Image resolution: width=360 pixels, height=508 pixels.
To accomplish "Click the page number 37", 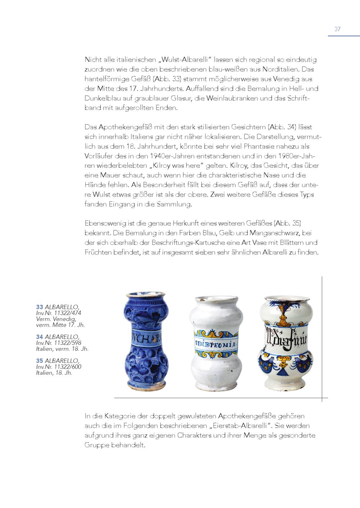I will click(337, 29).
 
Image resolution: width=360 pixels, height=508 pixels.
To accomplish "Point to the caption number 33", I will click(39, 307).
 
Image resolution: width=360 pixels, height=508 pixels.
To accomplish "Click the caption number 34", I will click(39, 337).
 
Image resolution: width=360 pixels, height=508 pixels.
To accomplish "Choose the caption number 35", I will click(39, 361).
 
